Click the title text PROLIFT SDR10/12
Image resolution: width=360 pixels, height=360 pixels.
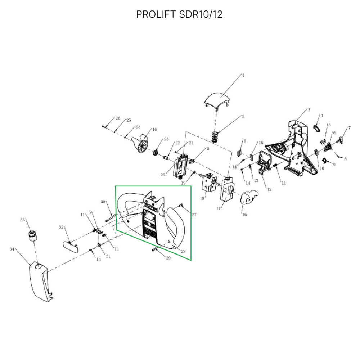pos(179,14)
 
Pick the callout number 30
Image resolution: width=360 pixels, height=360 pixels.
pos(103,202)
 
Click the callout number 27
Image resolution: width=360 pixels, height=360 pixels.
pos(194,215)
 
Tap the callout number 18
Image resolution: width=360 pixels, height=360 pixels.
pos(202,198)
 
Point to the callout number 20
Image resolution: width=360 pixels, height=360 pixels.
pos(162,175)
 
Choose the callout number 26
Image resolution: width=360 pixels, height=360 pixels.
pos(117,118)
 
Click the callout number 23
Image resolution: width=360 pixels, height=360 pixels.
pos(166,139)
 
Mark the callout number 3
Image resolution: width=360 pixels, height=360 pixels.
pos(309,109)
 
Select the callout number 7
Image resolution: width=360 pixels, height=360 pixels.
pos(348,128)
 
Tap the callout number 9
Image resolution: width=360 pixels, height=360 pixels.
pos(334,165)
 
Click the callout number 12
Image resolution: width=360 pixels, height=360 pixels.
pos(269,189)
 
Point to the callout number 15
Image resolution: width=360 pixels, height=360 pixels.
pos(261,143)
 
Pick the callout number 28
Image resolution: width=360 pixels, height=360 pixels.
pos(184,251)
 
